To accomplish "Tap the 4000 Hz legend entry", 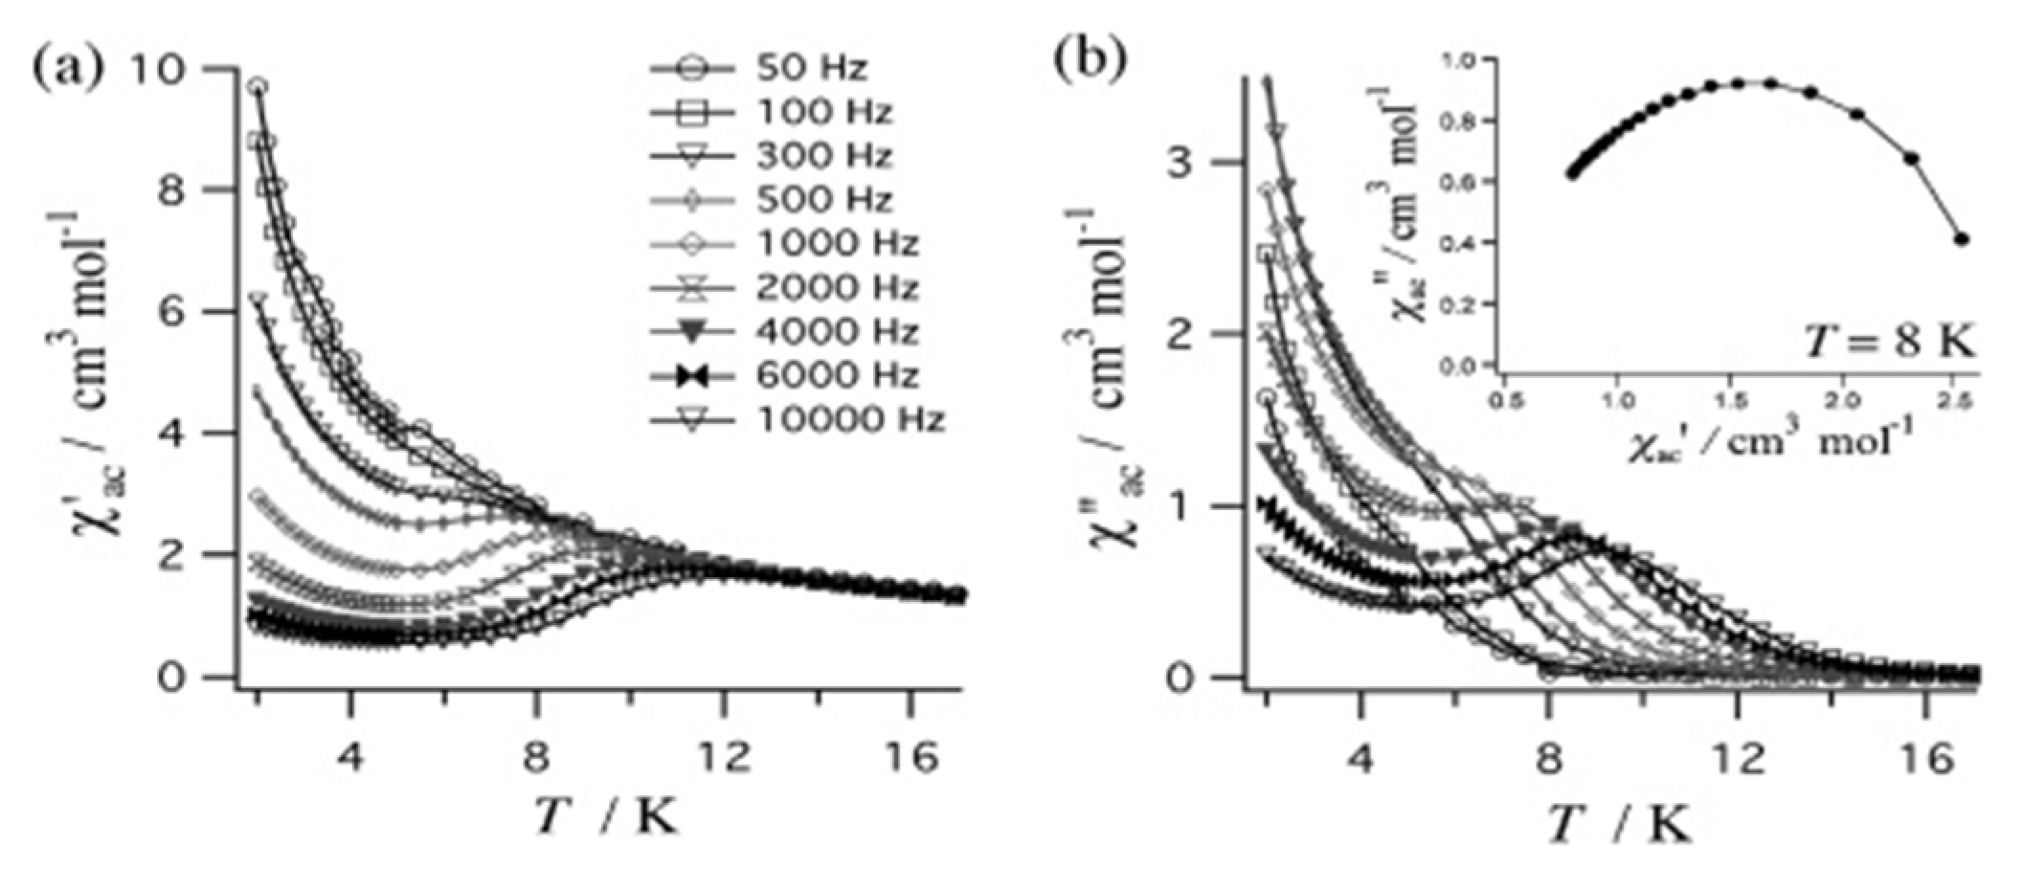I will [837, 332].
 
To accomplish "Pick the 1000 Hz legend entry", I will [837, 244].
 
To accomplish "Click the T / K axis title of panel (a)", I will [605, 818].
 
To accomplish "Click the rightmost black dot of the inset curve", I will [1961, 239].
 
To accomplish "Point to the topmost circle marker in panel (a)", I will [257, 87].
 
